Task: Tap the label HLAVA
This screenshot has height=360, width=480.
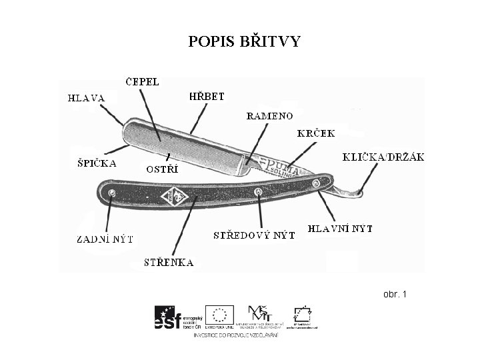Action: coord(86,98)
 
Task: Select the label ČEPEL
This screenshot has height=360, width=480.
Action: coord(143,82)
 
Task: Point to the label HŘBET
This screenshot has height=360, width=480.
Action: coord(207,97)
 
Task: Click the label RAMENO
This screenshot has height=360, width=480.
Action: coord(269,116)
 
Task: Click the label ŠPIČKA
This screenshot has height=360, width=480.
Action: coord(94,163)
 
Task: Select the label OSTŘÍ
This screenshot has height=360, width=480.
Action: coord(163,169)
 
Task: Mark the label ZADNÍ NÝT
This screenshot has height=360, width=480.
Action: coord(105,238)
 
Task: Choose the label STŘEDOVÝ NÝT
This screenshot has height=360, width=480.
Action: coord(253,235)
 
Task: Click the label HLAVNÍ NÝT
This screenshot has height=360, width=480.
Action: coord(339,229)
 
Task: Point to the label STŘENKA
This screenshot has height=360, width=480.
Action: coord(169,263)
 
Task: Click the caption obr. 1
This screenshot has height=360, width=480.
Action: coord(395,294)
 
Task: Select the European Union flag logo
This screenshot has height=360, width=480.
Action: coord(219,315)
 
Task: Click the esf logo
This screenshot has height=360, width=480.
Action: coord(168,318)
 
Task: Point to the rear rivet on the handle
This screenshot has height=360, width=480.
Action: coord(111,193)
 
